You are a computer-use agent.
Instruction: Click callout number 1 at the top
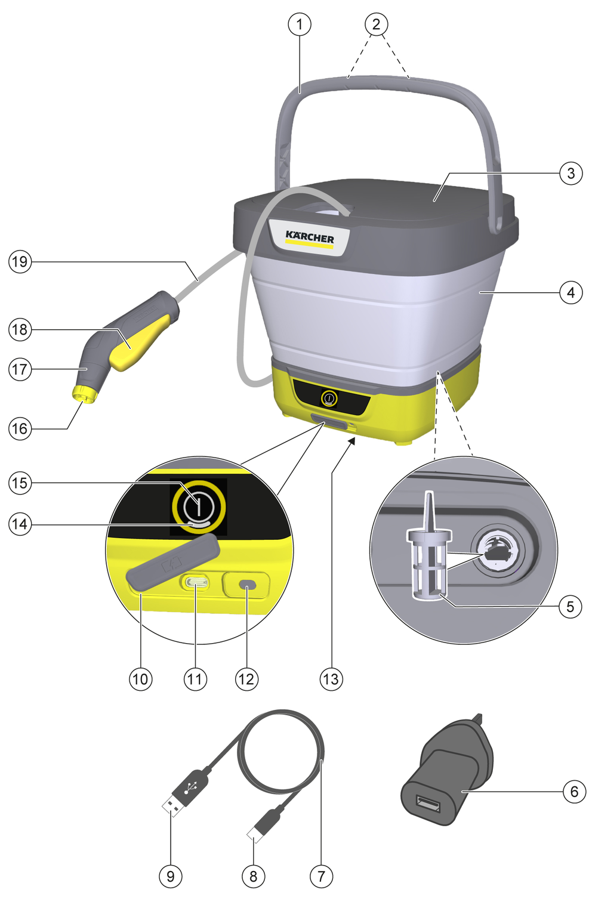[300, 24]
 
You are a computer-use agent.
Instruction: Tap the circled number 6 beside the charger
[573, 792]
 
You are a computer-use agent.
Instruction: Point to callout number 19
[20, 261]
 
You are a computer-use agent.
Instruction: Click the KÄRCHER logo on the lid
[310, 237]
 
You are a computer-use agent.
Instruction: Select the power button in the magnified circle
[199, 506]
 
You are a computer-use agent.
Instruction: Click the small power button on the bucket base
[329, 398]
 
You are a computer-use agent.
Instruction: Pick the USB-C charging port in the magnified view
[196, 582]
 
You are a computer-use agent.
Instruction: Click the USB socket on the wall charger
[429, 805]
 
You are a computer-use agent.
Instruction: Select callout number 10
[140, 679]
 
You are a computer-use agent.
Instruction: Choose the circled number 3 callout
[571, 173]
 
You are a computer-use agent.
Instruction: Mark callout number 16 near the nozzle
[20, 428]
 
